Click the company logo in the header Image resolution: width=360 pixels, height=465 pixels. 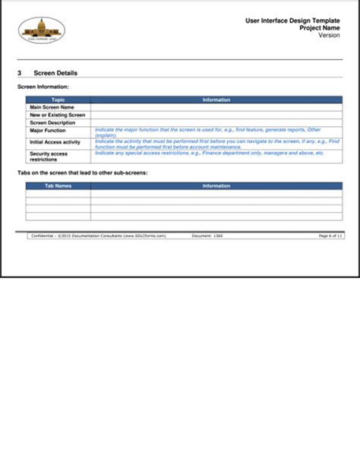pyautogui.click(x=41, y=30)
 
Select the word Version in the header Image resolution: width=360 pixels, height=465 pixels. pyautogui.click(x=329, y=35)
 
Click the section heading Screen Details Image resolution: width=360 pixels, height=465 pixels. pyautogui.click(x=55, y=73)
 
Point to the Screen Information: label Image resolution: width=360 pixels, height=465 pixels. pyautogui.click(x=43, y=87)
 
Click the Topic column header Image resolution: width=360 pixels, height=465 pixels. pyautogui.click(x=58, y=100)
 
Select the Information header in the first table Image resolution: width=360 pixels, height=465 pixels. pyautogui.click(x=216, y=100)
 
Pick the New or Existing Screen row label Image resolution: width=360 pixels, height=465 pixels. pyautogui.click(x=57, y=115)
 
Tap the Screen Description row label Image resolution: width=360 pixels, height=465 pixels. pyautogui.click(x=52, y=123)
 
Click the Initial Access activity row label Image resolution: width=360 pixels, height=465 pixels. pyautogui.click(x=55, y=142)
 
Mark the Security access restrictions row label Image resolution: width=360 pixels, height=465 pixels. pyautogui.click(x=49, y=157)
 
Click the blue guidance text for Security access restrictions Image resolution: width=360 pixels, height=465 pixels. pyautogui.click(x=210, y=153)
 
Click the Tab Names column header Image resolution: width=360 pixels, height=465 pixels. pyautogui.click(x=58, y=185)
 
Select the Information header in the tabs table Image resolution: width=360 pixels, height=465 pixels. pyautogui.click(x=216, y=185)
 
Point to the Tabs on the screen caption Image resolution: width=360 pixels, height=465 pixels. pyautogui.click(x=82, y=173)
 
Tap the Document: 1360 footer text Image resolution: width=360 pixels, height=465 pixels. pyautogui.click(x=207, y=236)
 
